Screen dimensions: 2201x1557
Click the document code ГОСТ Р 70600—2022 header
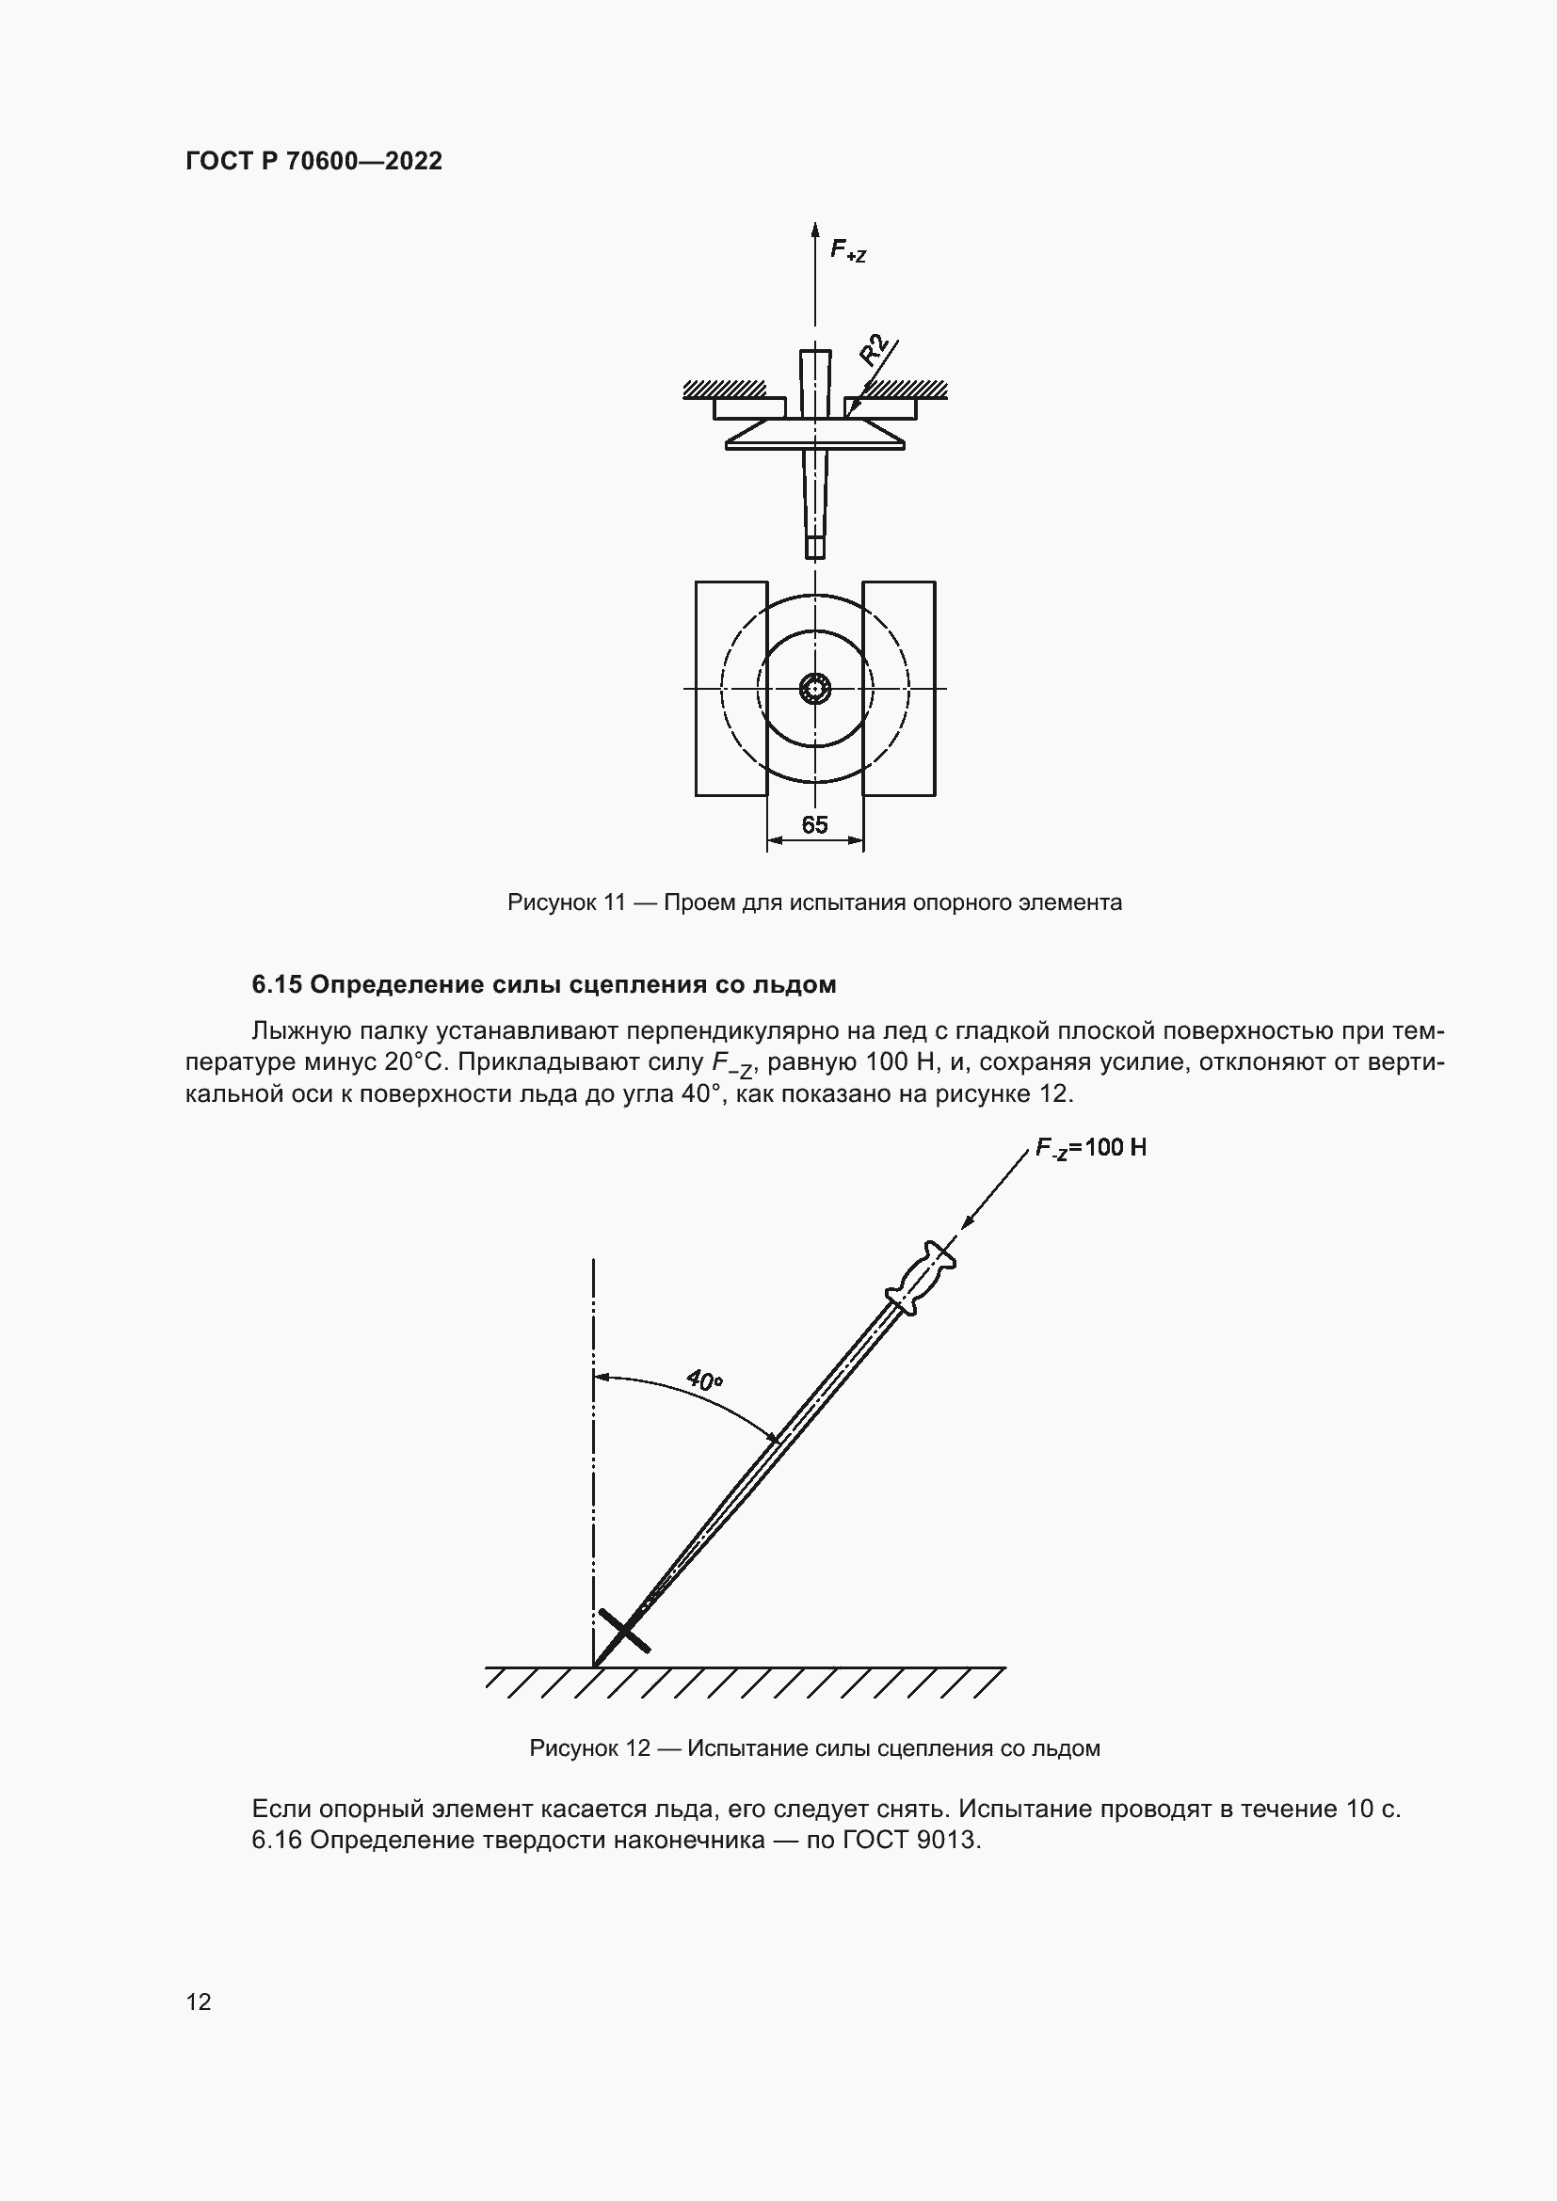313,161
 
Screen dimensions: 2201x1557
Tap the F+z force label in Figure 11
847,251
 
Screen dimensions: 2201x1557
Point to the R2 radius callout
874,351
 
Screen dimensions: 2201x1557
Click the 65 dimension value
814,825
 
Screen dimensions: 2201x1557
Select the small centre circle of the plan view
815,688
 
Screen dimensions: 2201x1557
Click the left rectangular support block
731,688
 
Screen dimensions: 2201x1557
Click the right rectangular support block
898,688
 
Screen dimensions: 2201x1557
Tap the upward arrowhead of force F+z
815,230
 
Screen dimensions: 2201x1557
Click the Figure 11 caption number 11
615,902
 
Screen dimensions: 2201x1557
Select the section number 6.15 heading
277,984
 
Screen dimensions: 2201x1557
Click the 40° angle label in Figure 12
705,1380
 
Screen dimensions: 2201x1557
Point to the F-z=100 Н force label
1091,1147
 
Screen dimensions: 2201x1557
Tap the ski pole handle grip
922,1278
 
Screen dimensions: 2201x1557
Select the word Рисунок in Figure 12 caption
573,1747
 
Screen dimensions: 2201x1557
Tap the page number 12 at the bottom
199,2002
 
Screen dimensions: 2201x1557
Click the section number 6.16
277,1840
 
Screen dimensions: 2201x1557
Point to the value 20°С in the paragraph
414,1062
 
